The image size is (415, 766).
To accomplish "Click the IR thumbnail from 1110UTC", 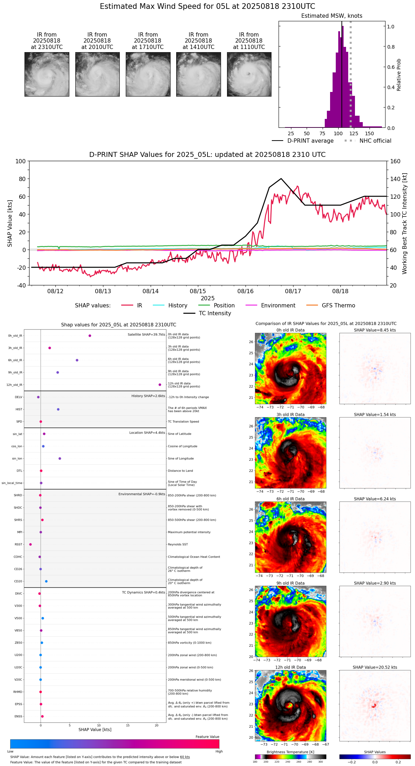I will (249, 74).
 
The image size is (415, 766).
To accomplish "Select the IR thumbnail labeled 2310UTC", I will (47, 74).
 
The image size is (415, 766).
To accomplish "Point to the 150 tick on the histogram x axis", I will (370, 134).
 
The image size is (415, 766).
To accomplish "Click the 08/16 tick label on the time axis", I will (246, 291).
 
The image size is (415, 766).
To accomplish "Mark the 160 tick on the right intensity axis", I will (395, 162).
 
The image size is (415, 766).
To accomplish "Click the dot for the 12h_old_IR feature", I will (160, 385).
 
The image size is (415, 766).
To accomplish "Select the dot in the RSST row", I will (31, 545).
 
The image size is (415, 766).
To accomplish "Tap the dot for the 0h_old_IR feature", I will (90, 336).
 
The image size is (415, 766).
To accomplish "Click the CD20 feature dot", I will (47, 581).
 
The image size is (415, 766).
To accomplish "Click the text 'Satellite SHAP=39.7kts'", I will (146, 335).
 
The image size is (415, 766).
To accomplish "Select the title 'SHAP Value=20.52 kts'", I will (375, 667).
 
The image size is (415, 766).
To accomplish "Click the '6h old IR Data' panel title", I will (290, 499).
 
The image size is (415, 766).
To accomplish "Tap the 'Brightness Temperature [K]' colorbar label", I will (290, 752).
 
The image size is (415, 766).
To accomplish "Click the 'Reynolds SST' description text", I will (178, 545).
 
